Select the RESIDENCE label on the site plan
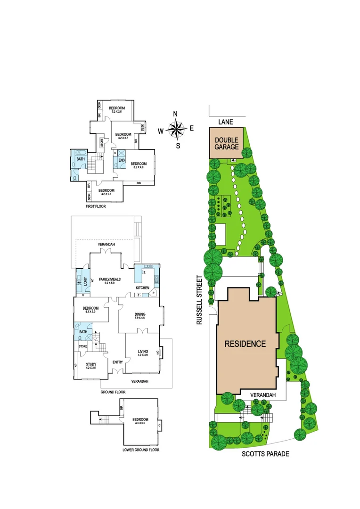click(245, 344)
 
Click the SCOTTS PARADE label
click(265, 454)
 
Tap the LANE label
click(226, 122)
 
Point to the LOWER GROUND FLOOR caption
click(140, 450)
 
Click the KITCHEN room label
click(142, 287)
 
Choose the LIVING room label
click(142, 351)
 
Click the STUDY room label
click(91, 364)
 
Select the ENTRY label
click(118, 362)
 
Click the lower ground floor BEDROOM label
click(140, 419)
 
